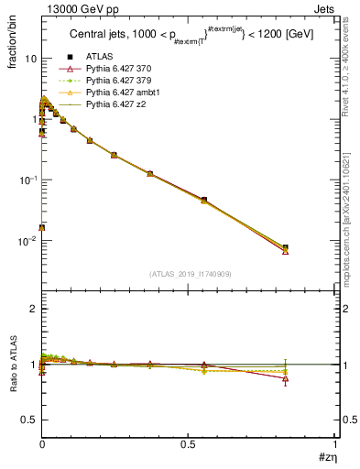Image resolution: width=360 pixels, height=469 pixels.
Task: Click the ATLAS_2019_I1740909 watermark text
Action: [x=189, y=274]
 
